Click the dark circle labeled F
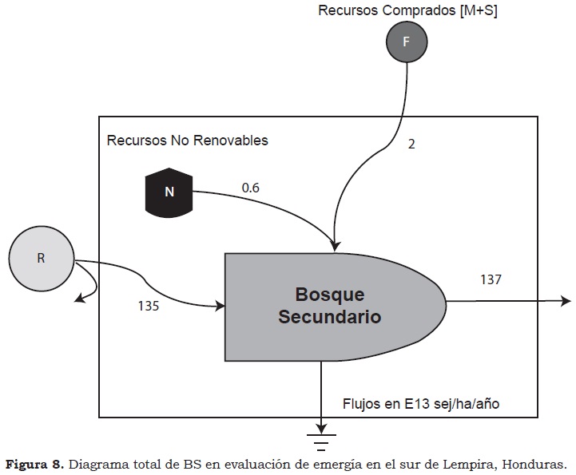tap(406, 42)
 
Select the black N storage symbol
tap(169, 192)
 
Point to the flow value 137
tap(491, 279)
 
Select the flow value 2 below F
tap(412, 144)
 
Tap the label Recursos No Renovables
tap(188, 141)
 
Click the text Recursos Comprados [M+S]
tap(407, 10)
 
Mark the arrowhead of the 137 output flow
tap(565, 301)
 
